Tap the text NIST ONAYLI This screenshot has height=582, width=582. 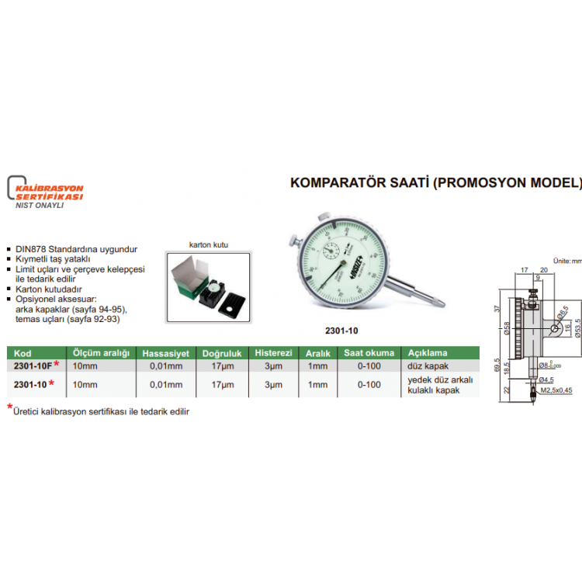[x=40, y=206]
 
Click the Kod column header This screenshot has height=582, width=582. [x=23, y=352]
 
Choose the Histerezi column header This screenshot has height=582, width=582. [x=273, y=352]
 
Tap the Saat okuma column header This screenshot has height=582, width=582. [x=363, y=352]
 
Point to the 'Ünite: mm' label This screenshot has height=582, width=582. [x=566, y=262]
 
